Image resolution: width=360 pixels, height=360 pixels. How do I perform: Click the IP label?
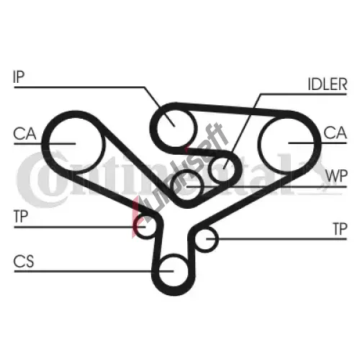click(x=19, y=76)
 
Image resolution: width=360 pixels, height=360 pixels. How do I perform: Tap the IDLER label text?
click(x=328, y=84)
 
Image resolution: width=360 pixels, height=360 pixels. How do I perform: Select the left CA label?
click(x=24, y=134)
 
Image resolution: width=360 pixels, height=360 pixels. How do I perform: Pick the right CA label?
click(x=335, y=132)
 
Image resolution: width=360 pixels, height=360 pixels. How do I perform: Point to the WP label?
click(x=336, y=176)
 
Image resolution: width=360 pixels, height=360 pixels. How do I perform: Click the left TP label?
click(x=21, y=216)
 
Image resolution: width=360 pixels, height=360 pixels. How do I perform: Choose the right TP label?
click(x=340, y=229)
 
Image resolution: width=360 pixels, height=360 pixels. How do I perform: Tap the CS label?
click(x=24, y=261)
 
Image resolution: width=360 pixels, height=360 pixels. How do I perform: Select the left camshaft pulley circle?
click(x=76, y=117)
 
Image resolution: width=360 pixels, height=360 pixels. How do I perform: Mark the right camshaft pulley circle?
click(x=287, y=118)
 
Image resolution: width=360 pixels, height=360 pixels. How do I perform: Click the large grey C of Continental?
click(x=41, y=179)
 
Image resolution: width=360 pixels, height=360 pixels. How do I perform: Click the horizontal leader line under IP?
click(x=79, y=87)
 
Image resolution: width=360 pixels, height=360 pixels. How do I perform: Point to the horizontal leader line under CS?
click(x=94, y=271)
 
